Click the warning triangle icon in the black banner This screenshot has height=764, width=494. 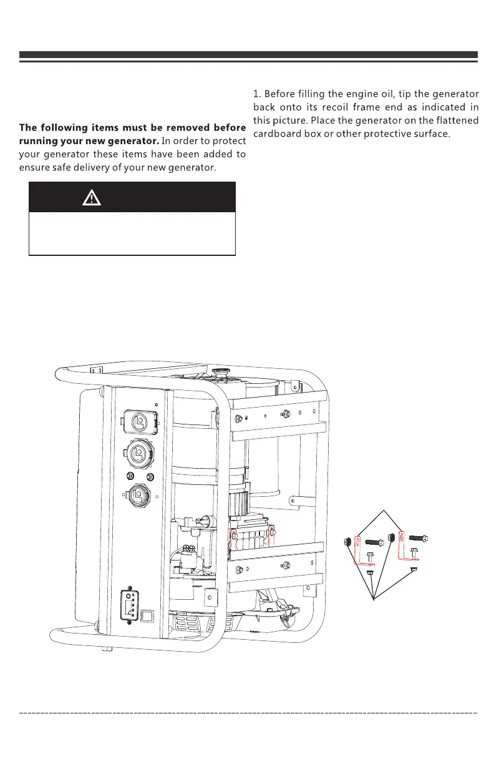92,198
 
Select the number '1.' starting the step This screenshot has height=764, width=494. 256,94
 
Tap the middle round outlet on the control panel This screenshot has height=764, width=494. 142,450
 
